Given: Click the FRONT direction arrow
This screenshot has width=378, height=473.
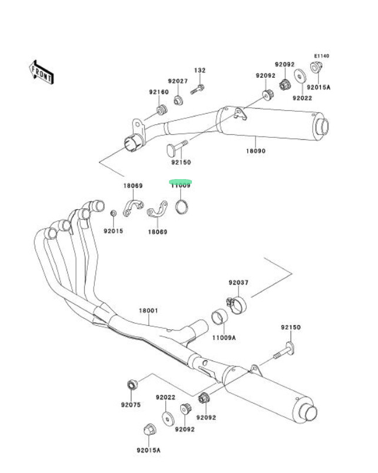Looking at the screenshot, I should [x=42, y=71].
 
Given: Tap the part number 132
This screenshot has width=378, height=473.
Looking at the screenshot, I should [x=200, y=71].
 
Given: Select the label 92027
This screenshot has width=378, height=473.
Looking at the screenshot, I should [x=177, y=81].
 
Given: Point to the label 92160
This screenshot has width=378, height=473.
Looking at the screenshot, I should [x=158, y=92].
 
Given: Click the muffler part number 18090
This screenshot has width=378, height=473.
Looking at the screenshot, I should [x=256, y=151].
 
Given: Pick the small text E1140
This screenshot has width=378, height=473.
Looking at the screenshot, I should [x=321, y=56].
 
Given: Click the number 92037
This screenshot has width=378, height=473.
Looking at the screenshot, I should [x=238, y=283].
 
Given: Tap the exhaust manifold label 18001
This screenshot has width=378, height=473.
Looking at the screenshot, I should [x=148, y=310].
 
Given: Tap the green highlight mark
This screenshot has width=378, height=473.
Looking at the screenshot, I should [x=180, y=182].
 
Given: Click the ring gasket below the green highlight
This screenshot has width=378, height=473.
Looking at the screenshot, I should [x=183, y=207].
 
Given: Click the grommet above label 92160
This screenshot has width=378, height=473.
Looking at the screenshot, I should [x=161, y=110].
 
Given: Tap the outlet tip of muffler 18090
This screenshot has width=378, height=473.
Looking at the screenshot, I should [x=323, y=125].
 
